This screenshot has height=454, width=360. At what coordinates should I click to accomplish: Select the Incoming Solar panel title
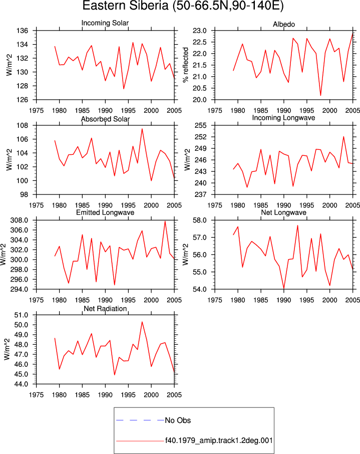(105, 23)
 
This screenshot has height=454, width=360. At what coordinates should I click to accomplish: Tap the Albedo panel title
(283, 25)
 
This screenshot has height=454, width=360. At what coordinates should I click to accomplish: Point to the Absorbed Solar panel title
(105, 119)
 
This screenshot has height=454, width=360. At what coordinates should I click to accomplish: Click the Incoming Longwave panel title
(283, 118)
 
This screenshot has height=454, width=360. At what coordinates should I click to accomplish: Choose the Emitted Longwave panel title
(105, 212)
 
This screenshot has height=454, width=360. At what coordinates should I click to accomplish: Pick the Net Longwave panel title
(283, 212)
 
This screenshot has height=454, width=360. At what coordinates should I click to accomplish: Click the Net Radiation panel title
(105, 309)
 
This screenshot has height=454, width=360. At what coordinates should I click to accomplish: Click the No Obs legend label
(178, 420)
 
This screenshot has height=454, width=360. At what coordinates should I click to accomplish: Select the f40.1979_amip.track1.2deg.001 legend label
(219, 440)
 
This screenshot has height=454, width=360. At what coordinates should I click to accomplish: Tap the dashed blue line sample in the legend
(140, 420)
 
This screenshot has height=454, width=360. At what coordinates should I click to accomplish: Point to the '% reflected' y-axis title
(185, 65)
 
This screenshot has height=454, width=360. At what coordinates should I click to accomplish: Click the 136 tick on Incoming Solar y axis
(23, 31)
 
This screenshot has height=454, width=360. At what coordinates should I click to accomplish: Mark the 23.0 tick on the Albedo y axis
(200, 31)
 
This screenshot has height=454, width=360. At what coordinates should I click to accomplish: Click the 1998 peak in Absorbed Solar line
(142, 129)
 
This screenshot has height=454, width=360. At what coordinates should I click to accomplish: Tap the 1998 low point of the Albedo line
(320, 95)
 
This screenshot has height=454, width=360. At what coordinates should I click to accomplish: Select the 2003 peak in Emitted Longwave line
(165, 221)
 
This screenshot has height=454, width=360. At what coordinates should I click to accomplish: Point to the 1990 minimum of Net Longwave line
(283, 288)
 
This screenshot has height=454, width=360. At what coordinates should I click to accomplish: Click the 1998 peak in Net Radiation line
(142, 322)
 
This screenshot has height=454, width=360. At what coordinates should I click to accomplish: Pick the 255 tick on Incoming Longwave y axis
(201, 126)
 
